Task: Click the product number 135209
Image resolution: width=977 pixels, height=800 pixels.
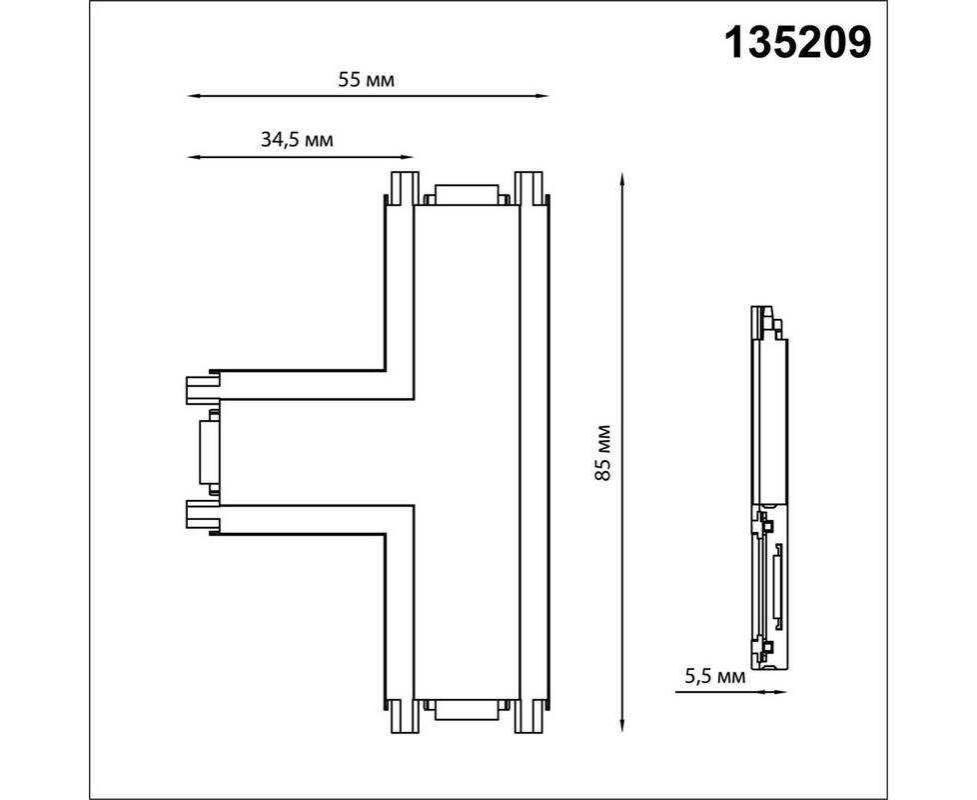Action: pyautogui.click(x=797, y=43)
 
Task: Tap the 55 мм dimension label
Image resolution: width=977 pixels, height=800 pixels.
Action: pyautogui.click(x=367, y=80)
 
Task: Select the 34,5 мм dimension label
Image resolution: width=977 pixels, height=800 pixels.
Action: pyautogui.click(x=297, y=140)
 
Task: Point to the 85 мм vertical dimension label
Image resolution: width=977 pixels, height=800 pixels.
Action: pyautogui.click(x=602, y=453)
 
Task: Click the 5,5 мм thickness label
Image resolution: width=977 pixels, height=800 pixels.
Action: pyautogui.click(x=714, y=676)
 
